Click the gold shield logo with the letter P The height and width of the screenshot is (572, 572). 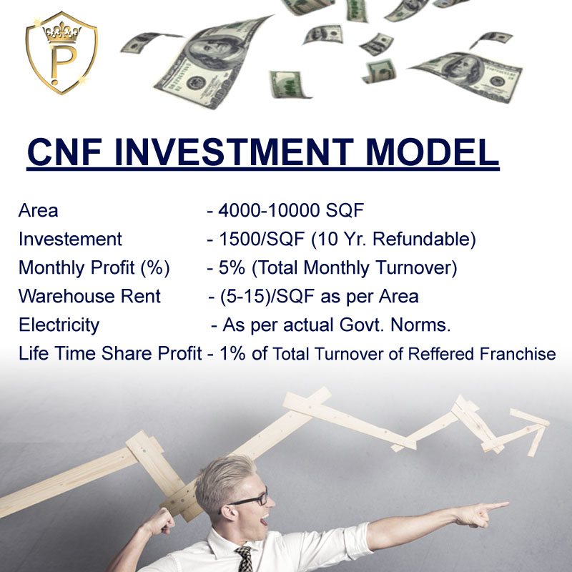(61, 53)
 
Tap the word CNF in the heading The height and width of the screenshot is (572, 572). (64, 152)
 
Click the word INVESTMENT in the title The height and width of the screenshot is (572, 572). (234, 152)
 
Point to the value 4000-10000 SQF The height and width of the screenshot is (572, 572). (291, 210)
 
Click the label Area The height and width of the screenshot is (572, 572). (39, 210)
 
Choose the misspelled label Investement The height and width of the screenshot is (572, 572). (70, 240)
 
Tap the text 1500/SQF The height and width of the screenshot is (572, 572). (261, 240)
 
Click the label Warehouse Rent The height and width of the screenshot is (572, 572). (89, 296)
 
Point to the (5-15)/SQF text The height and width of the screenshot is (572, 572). (267, 296)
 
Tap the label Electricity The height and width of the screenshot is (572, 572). (59, 325)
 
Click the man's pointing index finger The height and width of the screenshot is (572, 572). (495, 506)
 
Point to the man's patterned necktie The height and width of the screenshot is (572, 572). (245, 559)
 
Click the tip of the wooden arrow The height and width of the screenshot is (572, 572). (548, 423)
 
